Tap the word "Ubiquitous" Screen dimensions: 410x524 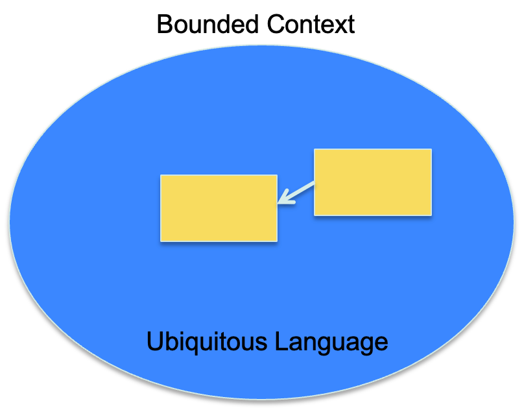coord(206,341)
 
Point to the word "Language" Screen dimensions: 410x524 coord(330,341)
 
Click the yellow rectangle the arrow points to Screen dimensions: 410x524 coord(219,208)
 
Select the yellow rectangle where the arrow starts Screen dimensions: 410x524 coord(372,182)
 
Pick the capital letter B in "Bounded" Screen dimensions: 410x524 coord(165,25)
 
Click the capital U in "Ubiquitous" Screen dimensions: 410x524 coord(155,341)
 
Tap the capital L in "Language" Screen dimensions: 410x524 coord(278,341)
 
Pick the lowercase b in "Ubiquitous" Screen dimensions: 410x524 coord(170,341)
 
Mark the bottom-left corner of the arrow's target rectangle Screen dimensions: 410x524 coord(161,241)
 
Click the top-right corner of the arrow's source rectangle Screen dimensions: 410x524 coord(431,150)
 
